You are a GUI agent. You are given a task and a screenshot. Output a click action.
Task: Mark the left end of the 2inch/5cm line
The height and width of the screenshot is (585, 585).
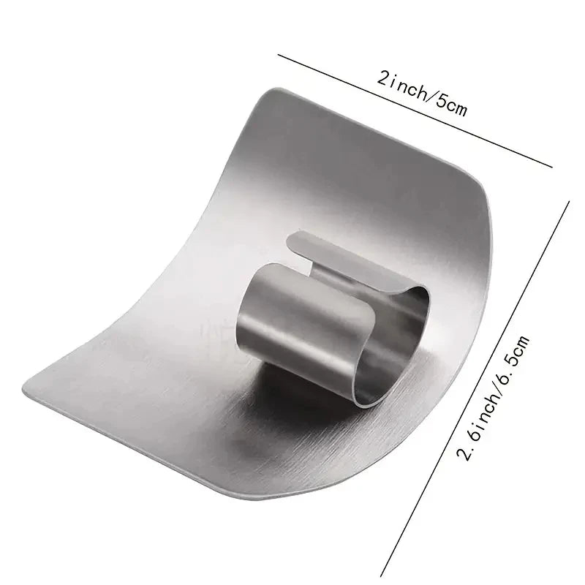[279, 55]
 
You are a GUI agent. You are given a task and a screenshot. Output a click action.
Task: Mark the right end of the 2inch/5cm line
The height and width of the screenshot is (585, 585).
[551, 167]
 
